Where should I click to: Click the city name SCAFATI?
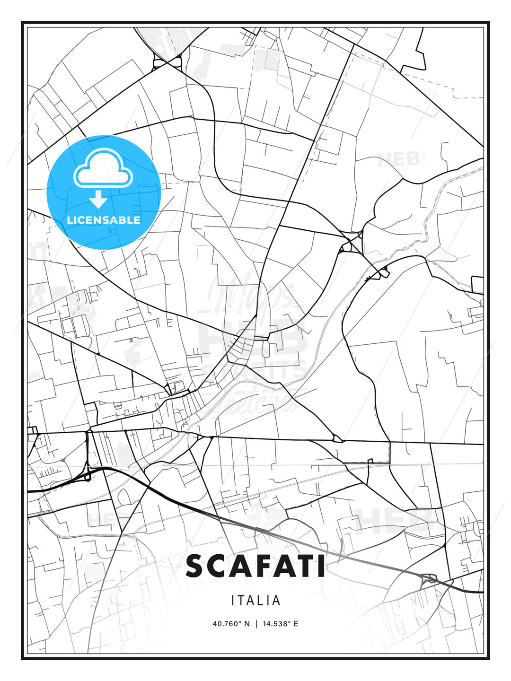tap(255, 566)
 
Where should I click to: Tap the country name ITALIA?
tap(255, 601)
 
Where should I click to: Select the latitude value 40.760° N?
tap(231, 624)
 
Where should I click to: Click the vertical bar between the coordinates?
tap(256, 624)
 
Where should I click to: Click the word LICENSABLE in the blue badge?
tap(104, 220)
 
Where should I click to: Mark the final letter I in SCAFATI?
tap(322, 566)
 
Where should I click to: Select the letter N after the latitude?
tap(247, 624)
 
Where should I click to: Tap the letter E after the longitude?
tap(296, 624)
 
